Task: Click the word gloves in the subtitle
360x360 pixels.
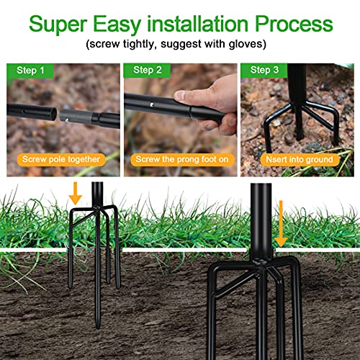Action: click(249, 45)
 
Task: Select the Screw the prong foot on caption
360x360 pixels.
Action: click(180, 159)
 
